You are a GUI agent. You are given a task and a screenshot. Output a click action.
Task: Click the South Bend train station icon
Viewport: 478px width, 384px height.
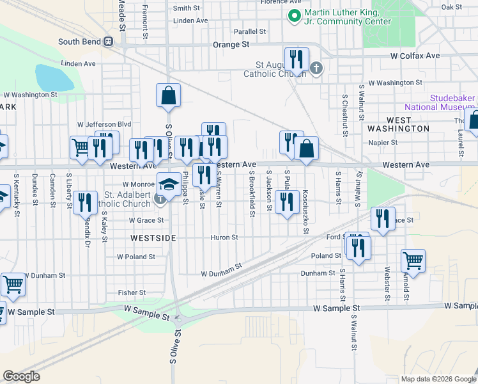(109, 42)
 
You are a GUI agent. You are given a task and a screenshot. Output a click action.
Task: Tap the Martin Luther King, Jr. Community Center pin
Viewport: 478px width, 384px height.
(295, 17)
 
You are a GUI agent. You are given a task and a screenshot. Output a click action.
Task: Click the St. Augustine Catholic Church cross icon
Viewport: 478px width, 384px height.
(316, 68)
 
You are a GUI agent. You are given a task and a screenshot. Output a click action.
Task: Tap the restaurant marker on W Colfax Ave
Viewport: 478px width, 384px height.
(296, 60)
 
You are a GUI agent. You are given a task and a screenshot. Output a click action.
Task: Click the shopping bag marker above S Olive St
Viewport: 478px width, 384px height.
(168, 96)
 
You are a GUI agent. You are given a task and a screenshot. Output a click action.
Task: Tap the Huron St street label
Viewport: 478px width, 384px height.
(224, 237)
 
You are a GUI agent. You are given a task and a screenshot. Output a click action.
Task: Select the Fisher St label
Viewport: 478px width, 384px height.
(132, 292)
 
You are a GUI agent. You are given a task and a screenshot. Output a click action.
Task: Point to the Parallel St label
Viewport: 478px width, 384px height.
(249, 31)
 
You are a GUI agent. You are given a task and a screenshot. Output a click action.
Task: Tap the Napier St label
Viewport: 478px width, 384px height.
(385, 143)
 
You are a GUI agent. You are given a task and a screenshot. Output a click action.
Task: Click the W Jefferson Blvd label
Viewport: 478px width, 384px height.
(104, 124)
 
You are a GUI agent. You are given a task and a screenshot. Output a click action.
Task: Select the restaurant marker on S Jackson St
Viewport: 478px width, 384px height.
(287, 203)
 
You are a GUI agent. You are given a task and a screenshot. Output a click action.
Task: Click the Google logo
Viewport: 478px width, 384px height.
(21, 376)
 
